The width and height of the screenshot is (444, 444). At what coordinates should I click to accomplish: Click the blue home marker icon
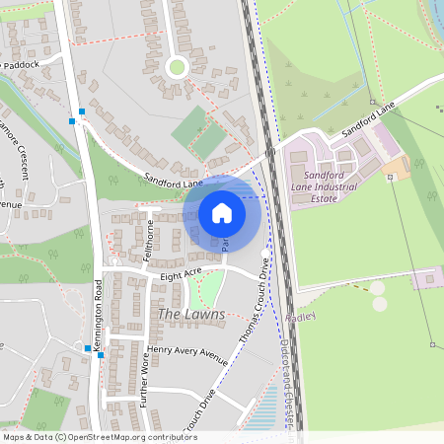pyautogui.click(x=222, y=212)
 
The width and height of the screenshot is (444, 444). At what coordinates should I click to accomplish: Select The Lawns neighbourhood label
pyautogui.click(x=190, y=315)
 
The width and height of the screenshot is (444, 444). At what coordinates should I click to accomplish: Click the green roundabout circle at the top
pyautogui.click(x=177, y=67)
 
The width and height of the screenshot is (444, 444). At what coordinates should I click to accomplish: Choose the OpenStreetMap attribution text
pyautogui.click(x=87, y=437)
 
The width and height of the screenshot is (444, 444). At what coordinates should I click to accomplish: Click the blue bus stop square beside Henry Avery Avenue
pyautogui.click(x=88, y=347)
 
